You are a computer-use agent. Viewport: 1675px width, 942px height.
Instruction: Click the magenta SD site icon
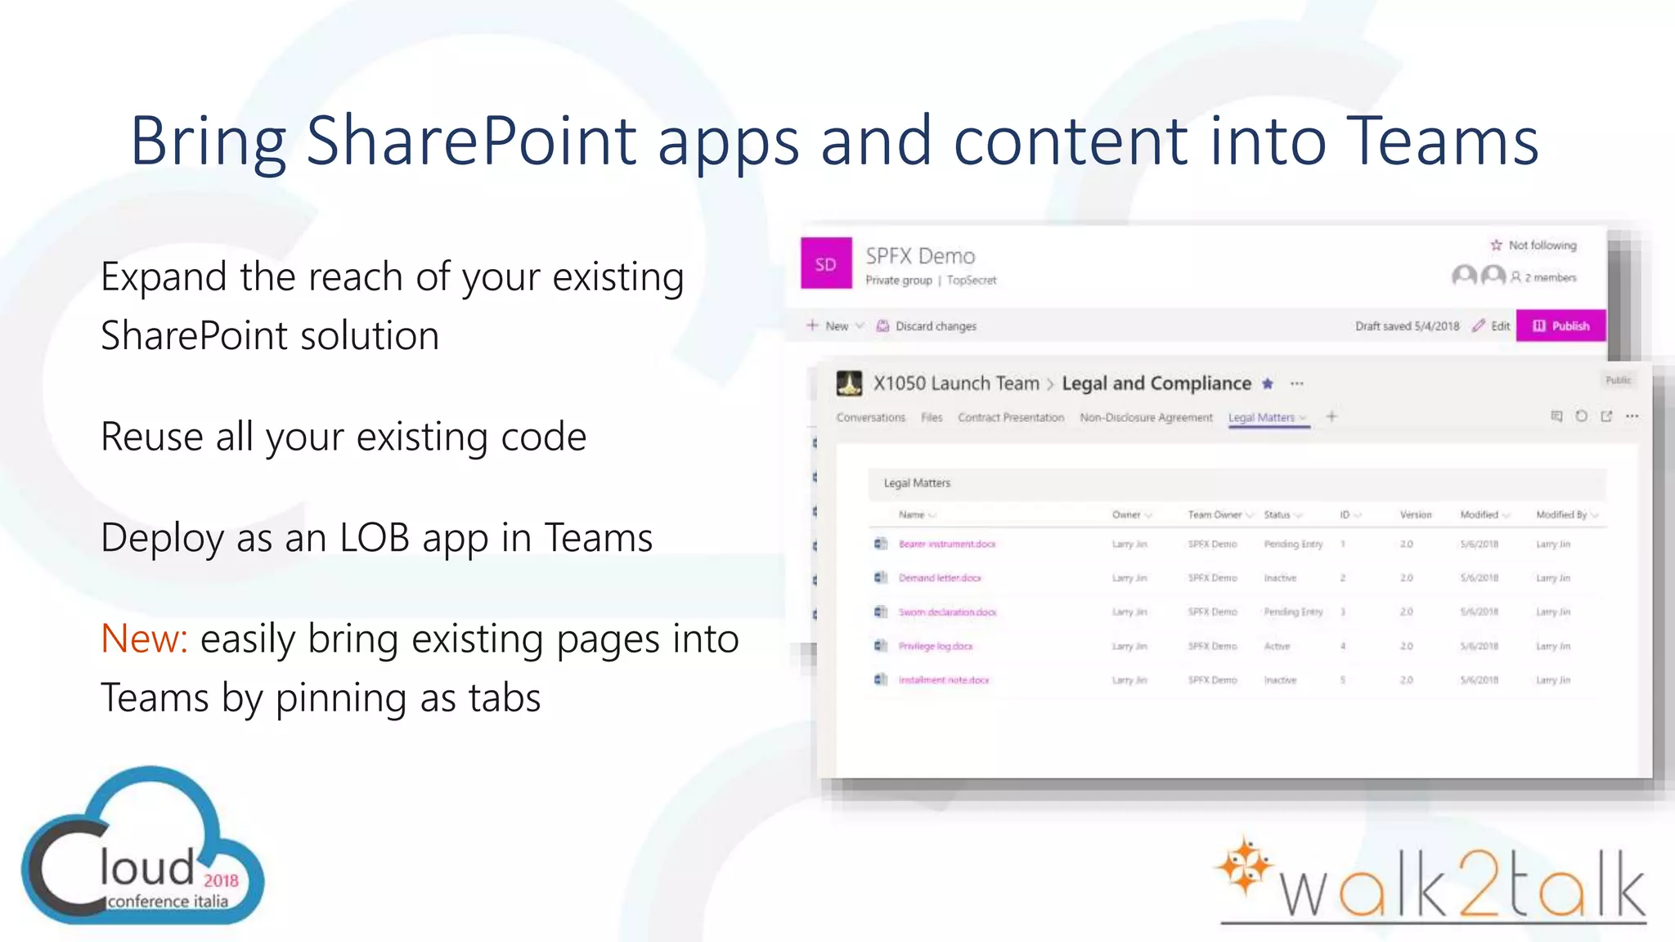coord(826,264)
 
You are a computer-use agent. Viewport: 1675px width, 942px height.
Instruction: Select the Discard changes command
coord(935,326)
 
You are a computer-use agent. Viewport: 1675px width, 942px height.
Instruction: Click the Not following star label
coord(1542,245)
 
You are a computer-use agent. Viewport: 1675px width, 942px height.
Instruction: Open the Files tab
coord(932,418)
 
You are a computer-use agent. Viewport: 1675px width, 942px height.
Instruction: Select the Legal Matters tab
coord(1261,418)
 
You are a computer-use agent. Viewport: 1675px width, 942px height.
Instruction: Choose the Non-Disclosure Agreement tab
coord(1146,418)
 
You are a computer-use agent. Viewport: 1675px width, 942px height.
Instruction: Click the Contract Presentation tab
coord(1011,418)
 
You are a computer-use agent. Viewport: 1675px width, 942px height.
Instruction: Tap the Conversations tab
coord(870,418)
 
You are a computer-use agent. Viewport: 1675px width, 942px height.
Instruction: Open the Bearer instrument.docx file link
coord(947,545)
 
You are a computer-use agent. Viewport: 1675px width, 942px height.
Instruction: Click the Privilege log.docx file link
coord(936,646)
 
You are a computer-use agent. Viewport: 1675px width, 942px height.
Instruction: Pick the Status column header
coord(1277,515)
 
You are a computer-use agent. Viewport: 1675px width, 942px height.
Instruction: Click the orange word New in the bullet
coord(144,639)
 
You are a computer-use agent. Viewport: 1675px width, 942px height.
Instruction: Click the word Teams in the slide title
coord(1441,141)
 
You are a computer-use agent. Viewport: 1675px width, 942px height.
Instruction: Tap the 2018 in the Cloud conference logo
coord(221,881)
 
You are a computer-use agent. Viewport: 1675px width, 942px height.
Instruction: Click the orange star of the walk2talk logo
coord(1244,866)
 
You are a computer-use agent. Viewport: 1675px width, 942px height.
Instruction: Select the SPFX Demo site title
coord(920,257)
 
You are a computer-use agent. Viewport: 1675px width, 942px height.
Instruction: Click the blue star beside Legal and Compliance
coord(1268,384)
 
